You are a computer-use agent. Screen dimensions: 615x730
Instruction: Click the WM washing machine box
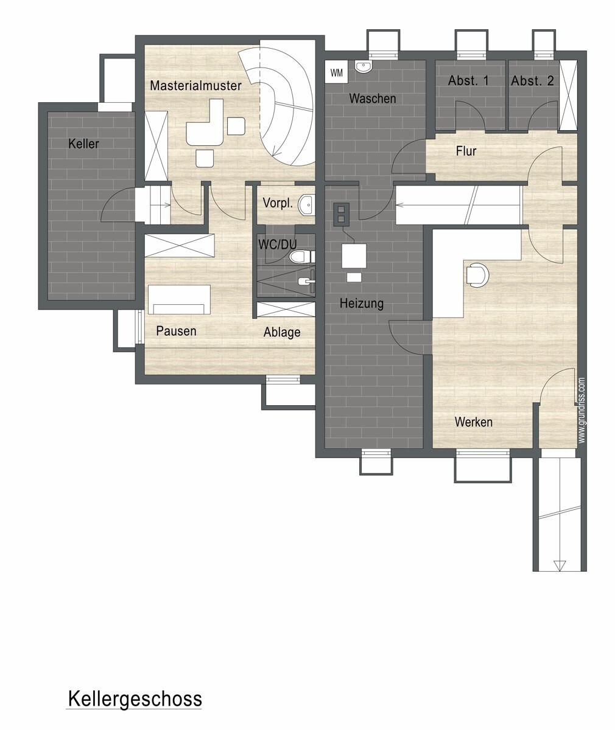tap(336, 72)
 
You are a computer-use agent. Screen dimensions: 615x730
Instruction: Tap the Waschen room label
tap(373, 99)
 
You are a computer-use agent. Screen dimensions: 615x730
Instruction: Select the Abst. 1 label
tap(468, 81)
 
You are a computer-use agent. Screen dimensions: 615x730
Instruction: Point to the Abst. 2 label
tap(532, 81)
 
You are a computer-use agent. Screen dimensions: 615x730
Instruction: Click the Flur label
tap(466, 151)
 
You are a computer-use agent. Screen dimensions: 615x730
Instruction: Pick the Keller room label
tap(83, 144)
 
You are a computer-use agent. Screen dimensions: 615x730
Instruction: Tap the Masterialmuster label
tap(195, 86)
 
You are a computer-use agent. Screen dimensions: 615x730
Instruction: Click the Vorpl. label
tap(278, 203)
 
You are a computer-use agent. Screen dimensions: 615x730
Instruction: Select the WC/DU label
tap(278, 245)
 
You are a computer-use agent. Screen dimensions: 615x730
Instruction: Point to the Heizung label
tap(362, 303)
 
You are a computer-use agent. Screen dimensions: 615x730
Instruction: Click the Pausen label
tap(176, 331)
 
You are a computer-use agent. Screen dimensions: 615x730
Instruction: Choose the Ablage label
tap(282, 332)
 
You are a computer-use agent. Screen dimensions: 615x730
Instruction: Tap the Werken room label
tap(474, 422)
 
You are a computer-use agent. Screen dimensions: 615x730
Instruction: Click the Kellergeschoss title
tap(135, 699)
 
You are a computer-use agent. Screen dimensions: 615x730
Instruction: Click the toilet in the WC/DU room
tap(301, 257)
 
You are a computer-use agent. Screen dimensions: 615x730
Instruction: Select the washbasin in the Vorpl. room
tap(306, 204)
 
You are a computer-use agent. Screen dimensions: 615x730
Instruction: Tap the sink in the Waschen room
tap(364, 66)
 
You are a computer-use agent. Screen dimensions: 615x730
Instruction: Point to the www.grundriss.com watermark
tap(582, 410)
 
